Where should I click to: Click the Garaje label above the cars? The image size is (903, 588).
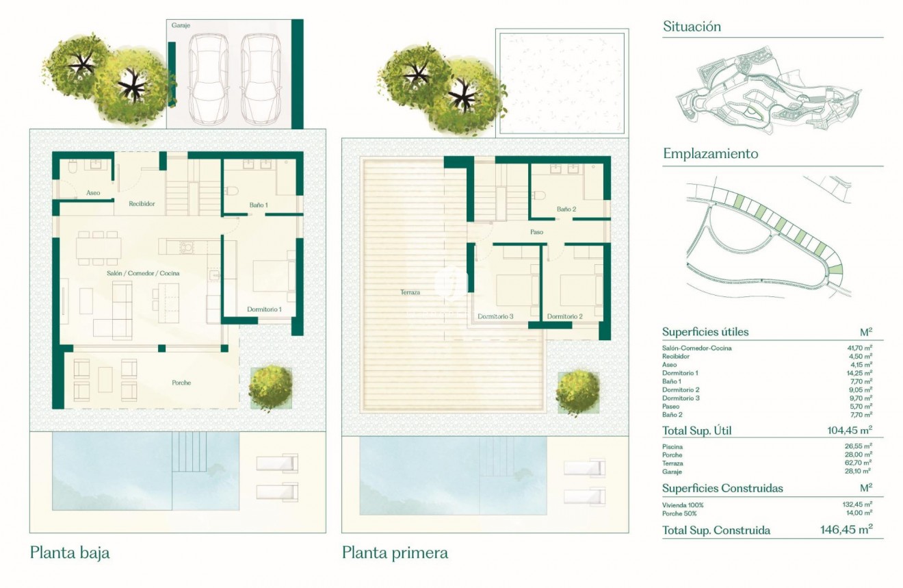coord(181,25)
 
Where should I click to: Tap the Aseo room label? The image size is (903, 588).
coord(93,193)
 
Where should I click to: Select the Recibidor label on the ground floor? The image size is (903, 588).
coord(142,203)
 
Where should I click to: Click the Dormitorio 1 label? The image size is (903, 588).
coord(264,309)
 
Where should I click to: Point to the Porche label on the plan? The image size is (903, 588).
coord(181,383)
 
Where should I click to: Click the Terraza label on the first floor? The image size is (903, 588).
coord(410,292)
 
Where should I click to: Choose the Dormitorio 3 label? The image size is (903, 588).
coord(496,316)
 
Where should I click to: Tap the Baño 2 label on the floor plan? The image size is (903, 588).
coord(566,209)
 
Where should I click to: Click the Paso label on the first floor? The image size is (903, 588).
coord(536,232)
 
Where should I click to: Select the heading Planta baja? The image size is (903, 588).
coord(70,552)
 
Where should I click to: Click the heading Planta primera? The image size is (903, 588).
coord(395,552)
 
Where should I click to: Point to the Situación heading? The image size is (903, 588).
coord(692,27)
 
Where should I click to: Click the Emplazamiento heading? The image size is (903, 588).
coord(710,153)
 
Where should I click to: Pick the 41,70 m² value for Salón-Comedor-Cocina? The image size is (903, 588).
coord(859,348)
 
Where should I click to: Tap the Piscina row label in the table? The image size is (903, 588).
coord(672,447)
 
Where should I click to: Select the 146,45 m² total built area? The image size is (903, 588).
coord(846,530)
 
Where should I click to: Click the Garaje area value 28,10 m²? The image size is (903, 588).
coord(859,472)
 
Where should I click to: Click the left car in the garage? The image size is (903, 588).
coord(211,77)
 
